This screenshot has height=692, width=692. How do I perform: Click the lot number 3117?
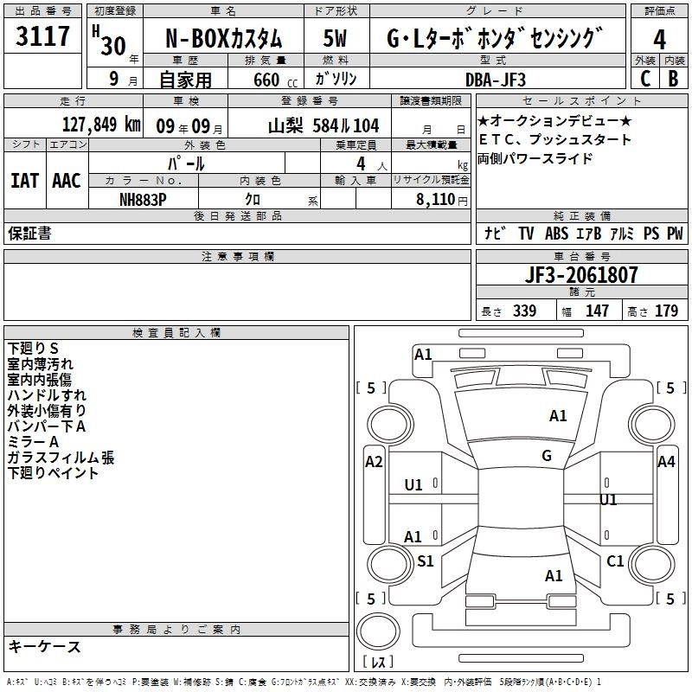pyautogui.click(x=43, y=37)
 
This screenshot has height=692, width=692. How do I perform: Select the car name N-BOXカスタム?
pyautogui.click(x=223, y=40)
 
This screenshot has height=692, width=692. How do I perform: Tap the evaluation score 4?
pyautogui.click(x=660, y=40)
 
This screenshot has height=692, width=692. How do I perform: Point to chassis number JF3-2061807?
pyautogui.click(x=582, y=276)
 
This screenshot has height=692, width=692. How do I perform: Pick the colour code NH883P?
pyautogui.click(x=144, y=198)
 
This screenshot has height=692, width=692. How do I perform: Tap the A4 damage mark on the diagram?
pyautogui.click(x=666, y=461)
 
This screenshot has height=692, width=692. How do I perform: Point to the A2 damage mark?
pyautogui.click(x=374, y=461)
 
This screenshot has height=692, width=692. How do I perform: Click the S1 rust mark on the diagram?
pyautogui.click(x=425, y=561)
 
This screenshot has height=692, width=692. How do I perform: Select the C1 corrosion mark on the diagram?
pyautogui.click(x=615, y=561)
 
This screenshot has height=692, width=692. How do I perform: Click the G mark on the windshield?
pyautogui.click(x=546, y=456)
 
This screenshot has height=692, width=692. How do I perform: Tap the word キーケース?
pyautogui.click(x=44, y=646)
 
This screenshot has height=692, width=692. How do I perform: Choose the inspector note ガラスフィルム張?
pyautogui.click(x=61, y=458)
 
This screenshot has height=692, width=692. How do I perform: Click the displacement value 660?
pyautogui.click(x=266, y=80)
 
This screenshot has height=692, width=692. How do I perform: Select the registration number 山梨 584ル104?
pyautogui.click(x=324, y=125)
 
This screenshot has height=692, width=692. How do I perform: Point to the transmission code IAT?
pyautogui.click(x=24, y=181)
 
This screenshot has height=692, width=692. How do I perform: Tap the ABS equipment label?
pyautogui.click(x=557, y=233)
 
